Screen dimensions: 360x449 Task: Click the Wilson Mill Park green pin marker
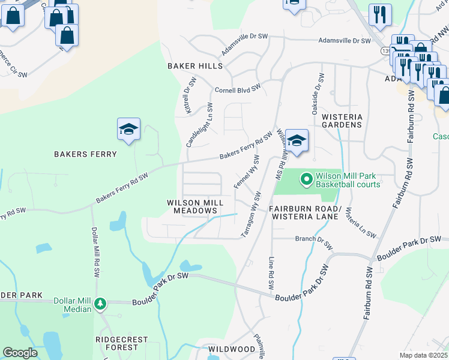pyautogui.click(x=306, y=179)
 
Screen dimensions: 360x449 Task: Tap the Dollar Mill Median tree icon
pyautogui.click(x=101, y=304)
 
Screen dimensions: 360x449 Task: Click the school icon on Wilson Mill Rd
pyautogui.click(x=297, y=140)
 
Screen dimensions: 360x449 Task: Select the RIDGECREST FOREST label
pyautogui.click(x=121, y=343)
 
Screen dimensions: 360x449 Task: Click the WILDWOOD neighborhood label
pyautogui.click(x=232, y=349)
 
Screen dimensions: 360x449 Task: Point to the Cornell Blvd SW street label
pyautogui.click(x=238, y=89)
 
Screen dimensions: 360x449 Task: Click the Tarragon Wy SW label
pyautogui.click(x=251, y=214)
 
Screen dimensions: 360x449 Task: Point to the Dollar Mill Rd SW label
pyautogui.click(x=95, y=251)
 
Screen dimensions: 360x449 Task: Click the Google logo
pyautogui.click(x=20, y=353)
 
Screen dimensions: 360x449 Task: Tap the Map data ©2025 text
pyautogui.click(x=423, y=355)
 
